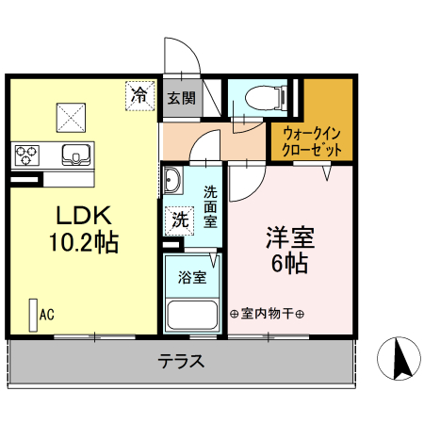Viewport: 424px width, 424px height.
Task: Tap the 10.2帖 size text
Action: [83, 242]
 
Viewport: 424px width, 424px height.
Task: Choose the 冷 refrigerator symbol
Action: [139, 95]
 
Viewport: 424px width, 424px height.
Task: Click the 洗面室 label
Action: [211, 207]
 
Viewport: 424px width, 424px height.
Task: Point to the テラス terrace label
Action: [182, 361]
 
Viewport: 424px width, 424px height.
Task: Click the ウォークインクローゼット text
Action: [311, 141]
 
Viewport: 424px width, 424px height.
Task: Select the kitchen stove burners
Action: [25, 154]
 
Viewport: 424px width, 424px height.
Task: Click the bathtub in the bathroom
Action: [191, 316]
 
